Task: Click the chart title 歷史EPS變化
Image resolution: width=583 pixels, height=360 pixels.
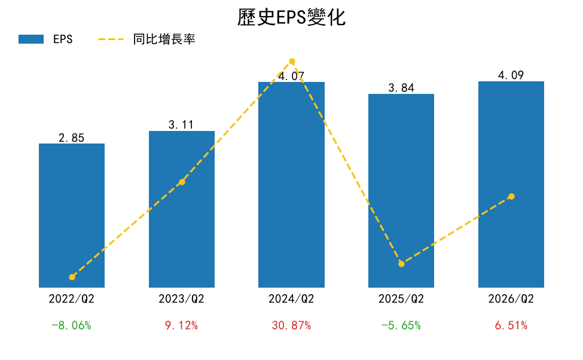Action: [x=292, y=17]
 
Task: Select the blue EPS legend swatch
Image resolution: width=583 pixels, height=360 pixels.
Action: [x=31, y=39]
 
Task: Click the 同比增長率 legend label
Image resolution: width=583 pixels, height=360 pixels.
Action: [x=164, y=39]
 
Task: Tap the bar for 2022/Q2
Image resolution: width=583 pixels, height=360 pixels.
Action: [x=72, y=215]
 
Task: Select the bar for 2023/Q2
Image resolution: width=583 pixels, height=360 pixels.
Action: [x=182, y=209]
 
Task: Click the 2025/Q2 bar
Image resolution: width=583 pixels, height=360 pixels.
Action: [x=401, y=190]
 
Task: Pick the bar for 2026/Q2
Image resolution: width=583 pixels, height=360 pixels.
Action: [x=511, y=184]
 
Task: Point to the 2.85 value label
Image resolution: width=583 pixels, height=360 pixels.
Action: [x=71, y=138]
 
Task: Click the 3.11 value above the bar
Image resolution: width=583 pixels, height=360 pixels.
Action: [x=181, y=124]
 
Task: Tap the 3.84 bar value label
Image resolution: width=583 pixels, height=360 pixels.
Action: [x=401, y=88]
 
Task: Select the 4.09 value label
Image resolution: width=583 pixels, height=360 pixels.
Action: [x=511, y=75]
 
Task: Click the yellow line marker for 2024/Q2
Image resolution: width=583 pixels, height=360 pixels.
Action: [x=292, y=62]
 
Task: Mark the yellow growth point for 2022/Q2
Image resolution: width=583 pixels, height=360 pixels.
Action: [x=72, y=277]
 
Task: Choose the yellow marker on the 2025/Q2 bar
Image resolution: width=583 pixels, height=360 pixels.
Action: [x=402, y=264]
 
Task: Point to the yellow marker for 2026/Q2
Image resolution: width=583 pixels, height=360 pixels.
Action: [x=512, y=196]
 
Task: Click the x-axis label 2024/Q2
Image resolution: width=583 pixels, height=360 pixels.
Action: [x=291, y=298]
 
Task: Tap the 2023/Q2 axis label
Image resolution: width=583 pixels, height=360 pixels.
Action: [x=181, y=298]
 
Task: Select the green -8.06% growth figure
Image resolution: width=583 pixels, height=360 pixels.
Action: [x=71, y=325]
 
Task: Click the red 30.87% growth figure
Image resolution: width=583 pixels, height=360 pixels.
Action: [x=291, y=325]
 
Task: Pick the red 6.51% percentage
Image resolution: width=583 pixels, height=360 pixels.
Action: [x=511, y=325]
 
